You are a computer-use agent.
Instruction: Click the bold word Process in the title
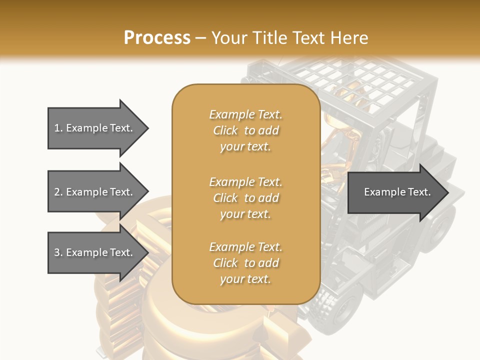[x=157, y=38]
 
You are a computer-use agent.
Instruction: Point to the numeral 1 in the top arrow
[x=56, y=128]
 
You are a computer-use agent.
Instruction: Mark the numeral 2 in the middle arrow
[x=57, y=192]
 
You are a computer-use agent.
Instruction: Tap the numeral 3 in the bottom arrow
[x=57, y=252]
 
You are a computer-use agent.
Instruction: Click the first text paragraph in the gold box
[x=245, y=130]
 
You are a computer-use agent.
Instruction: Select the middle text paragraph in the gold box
[x=245, y=197]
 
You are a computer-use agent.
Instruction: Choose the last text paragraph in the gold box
[x=245, y=263]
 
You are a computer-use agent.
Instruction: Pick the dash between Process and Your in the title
[x=200, y=38]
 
